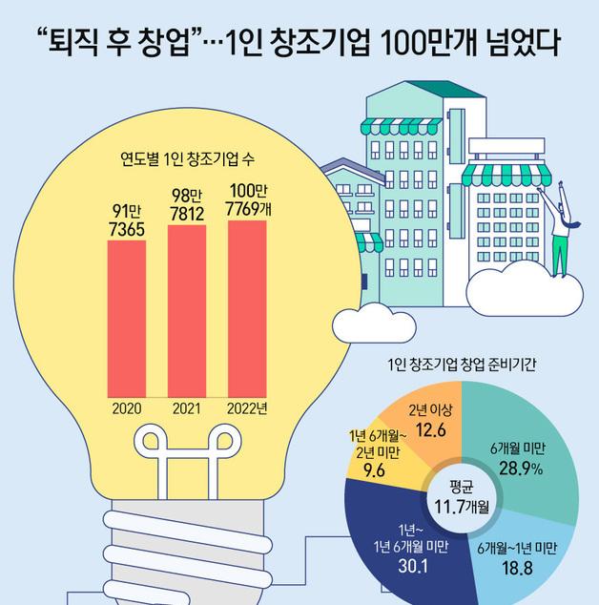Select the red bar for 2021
[x=187, y=309]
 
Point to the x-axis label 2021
[x=187, y=408]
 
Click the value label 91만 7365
[x=126, y=220]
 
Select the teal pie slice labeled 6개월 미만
[x=530, y=458]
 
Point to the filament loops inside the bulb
[x=187, y=441]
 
